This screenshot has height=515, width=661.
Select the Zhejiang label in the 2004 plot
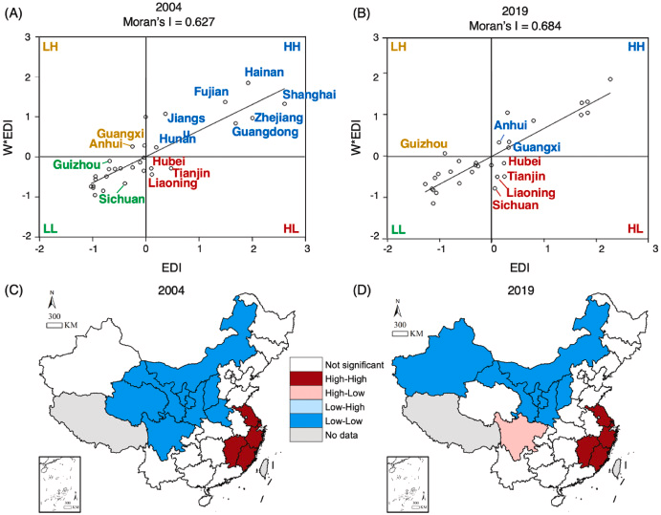tap(276, 118)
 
